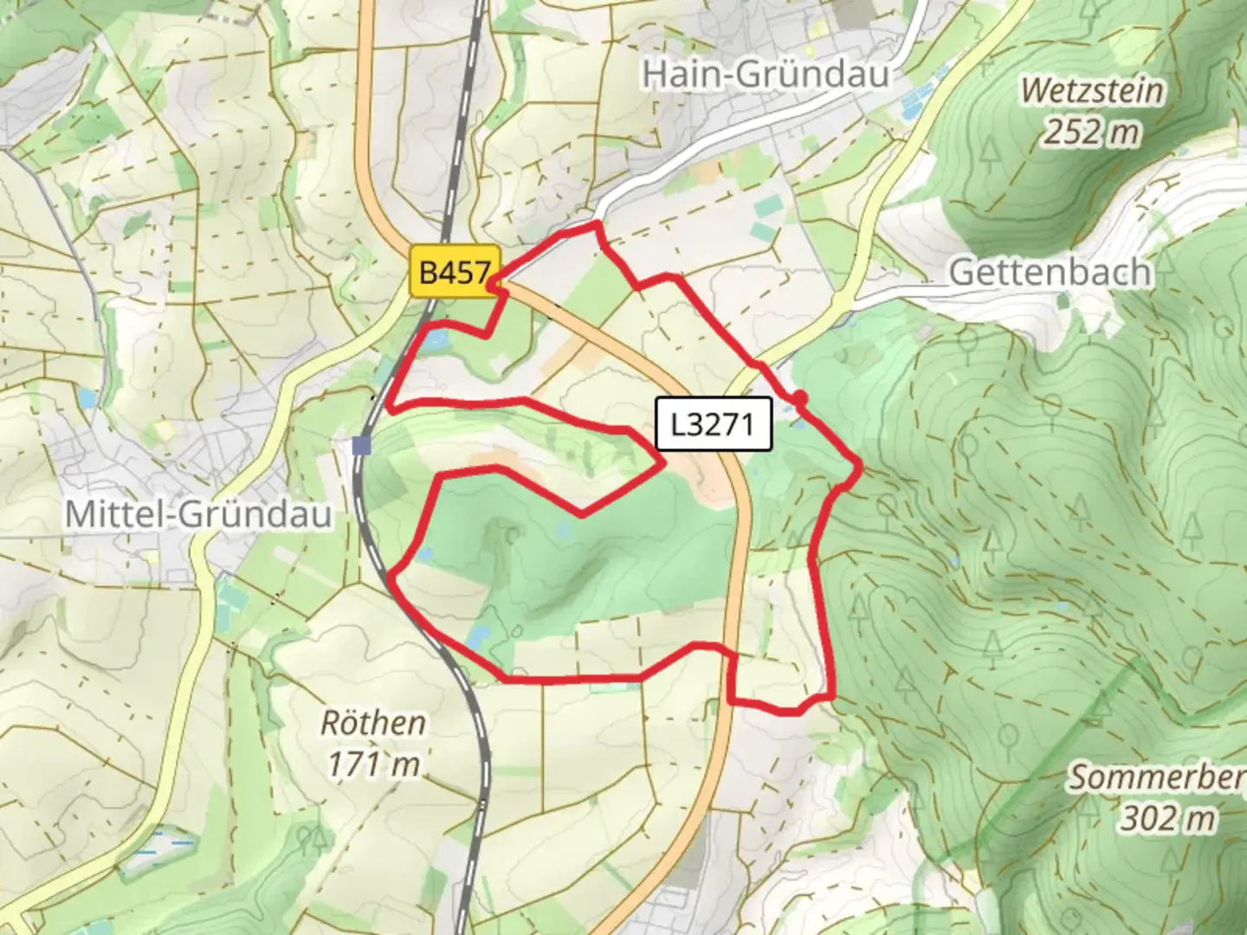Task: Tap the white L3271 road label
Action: coord(713,424)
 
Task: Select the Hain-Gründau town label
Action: coord(766,74)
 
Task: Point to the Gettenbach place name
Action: coord(1050,272)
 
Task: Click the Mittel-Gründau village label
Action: coord(198,514)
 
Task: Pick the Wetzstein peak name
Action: coord(1092,90)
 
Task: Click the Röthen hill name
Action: coord(373,723)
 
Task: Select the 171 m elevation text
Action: coord(373,764)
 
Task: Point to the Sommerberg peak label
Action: coord(1156,777)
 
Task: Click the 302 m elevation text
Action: coord(1167,817)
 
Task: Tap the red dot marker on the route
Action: coord(800,397)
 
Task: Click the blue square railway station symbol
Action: coord(361,445)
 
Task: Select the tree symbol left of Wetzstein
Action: coord(990,152)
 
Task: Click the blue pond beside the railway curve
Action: coord(477,638)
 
